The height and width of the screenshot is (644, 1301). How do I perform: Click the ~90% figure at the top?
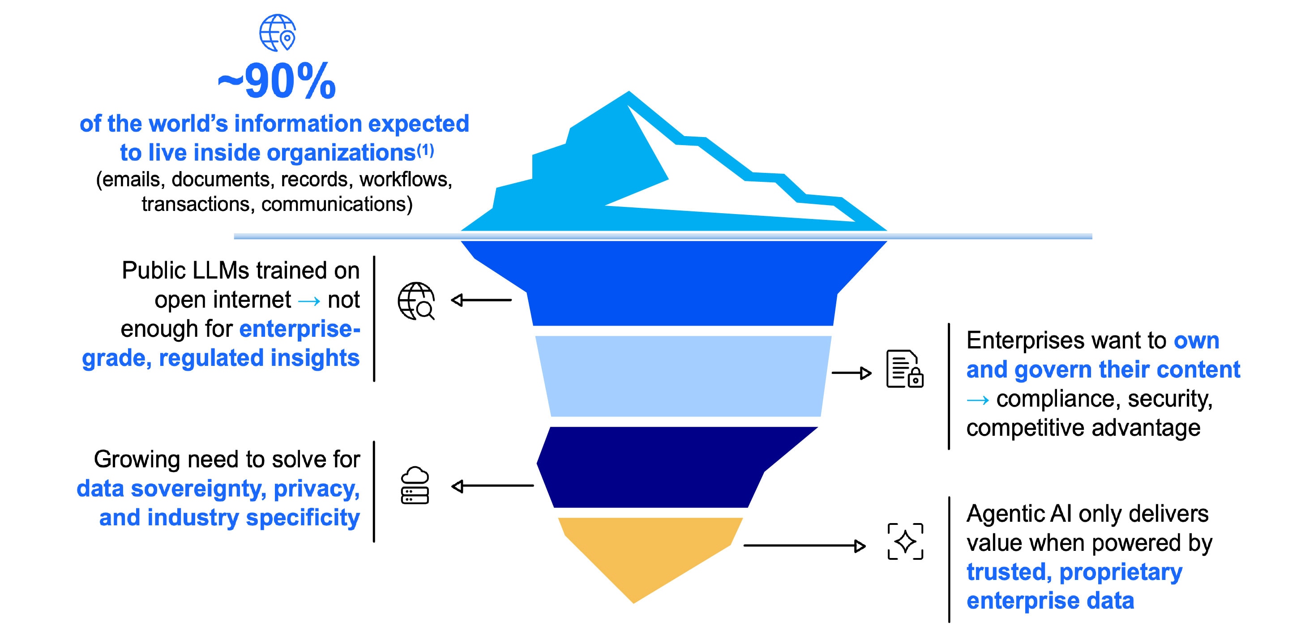[277, 82]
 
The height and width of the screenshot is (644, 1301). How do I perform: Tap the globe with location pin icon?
[277, 33]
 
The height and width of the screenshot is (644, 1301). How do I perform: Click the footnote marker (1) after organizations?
[425, 150]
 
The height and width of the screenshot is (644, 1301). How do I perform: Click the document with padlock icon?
[904, 369]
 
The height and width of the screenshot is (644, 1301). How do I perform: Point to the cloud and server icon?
[415, 485]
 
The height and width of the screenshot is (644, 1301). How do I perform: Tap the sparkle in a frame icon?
[905, 541]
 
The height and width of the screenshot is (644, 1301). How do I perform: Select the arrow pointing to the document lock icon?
[852, 373]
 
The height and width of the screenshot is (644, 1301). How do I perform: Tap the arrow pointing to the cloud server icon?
[492, 486]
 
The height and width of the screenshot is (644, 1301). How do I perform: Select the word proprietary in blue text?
[1121, 572]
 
